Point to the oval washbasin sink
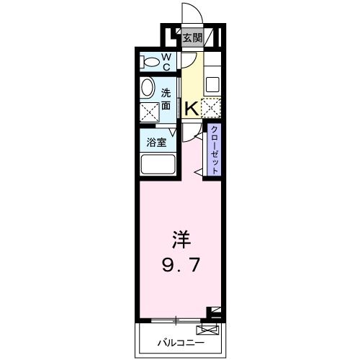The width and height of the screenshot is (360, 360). coord(148,89)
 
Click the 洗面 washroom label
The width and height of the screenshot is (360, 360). coord(166,99)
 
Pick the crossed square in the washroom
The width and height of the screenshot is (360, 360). coord(149,112)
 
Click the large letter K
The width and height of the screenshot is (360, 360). coord(191,109)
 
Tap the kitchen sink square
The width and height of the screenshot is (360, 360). coord(212,84)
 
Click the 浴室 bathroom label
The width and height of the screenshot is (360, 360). coord(157,142)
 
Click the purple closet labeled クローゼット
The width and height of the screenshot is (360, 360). coord(214,150)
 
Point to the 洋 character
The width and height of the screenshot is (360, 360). coord(179,238)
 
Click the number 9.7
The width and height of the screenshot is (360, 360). coord(179,264)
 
